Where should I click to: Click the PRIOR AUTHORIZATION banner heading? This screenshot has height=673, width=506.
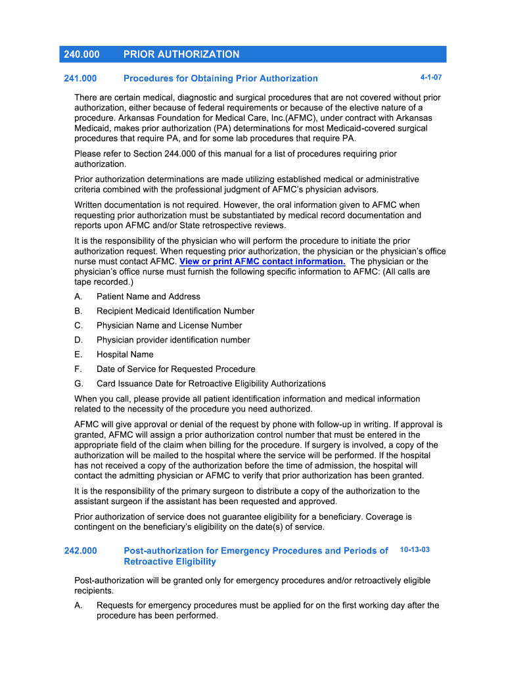(x=181, y=55)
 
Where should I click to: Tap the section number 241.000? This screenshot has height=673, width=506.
(x=80, y=79)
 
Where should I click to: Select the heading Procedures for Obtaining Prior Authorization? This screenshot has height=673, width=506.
(x=220, y=79)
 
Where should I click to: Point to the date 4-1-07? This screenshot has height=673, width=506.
(x=431, y=78)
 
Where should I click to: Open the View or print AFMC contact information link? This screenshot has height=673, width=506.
(x=263, y=262)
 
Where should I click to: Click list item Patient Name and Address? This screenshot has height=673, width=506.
(x=149, y=297)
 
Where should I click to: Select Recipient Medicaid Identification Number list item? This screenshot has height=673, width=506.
(x=175, y=312)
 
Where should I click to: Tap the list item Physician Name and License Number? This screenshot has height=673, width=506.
(x=169, y=326)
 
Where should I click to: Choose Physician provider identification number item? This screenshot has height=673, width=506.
(x=173, y=340)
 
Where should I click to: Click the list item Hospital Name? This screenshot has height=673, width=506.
(x=125, y=355)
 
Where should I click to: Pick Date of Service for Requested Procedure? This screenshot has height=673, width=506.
(x=175, y=369)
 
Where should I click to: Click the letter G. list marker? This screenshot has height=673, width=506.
(x=79, y=384)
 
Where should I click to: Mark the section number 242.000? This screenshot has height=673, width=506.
(x=80, y=551)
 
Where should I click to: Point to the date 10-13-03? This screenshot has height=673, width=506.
(x=415, y=549)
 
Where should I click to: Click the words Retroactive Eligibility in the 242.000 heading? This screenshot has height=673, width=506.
(x=170, y=562)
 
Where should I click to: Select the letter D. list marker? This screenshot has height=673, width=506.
(x=79, y=340)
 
